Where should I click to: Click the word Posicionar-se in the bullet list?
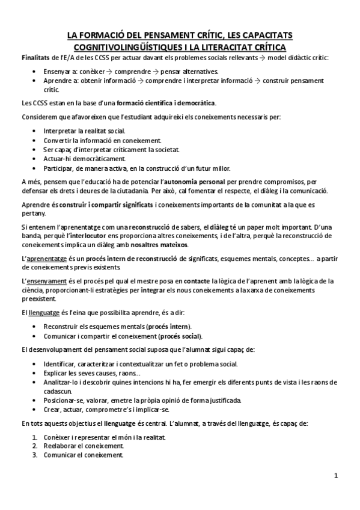(63, 400)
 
